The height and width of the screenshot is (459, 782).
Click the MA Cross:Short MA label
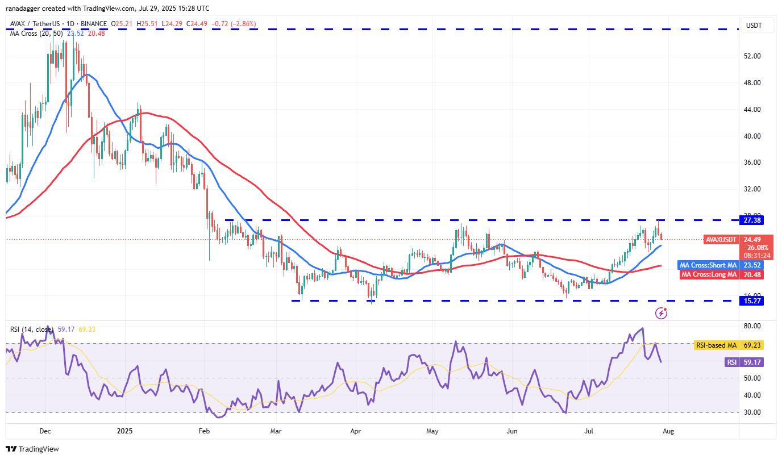(x=708, y=265)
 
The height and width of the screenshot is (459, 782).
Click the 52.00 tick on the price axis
(x=752, y=56)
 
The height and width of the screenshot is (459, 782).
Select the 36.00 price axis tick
(x=752, y=162)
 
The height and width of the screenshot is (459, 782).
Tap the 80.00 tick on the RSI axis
(x=752, y=326)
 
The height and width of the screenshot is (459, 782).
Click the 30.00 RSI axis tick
(x=752, y=412)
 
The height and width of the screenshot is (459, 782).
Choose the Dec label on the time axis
(x=45, y=431)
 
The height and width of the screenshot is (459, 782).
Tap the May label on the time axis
(x=432, y=431)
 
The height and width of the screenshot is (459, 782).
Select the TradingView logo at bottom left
(x=32, y=449)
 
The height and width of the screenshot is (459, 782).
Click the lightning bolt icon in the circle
(x=661, y=312)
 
